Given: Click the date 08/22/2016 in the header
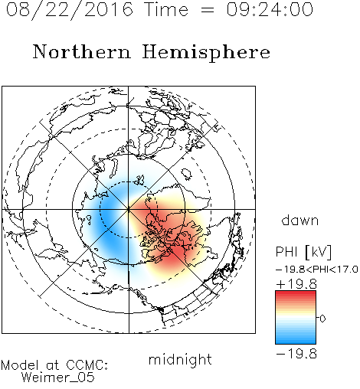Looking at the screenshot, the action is (x=70, y=10).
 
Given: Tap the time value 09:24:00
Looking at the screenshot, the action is (x=270, y=9).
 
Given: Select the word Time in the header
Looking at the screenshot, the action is (x=166, y=9).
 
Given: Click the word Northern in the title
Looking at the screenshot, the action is (x=82, y=51).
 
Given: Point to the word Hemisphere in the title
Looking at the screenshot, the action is (x=206, y=53).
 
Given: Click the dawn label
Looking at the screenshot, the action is (x=300, y=220).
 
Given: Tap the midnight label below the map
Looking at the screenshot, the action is (x=180, y=360).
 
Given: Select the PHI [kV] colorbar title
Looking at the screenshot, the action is (x=303, y=252).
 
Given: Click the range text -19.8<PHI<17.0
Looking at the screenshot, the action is (x=317, y=270).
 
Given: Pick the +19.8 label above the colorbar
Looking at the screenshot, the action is (x=296, y=284).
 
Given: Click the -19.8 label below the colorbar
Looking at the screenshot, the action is (x=296, y=354).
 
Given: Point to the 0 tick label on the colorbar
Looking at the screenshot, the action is (x=322, y=319).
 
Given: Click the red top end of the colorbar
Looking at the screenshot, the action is (x=296, y=293).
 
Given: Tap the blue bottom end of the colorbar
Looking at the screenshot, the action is (x=296, y=342).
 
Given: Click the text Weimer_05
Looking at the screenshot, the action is (x=58, y=377).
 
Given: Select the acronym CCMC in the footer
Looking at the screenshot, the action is (x=87, y=365).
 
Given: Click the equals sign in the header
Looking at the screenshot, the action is (x=208, y=11).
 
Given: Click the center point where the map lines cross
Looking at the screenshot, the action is (x=129, y=209).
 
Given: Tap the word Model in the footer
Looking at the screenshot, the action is (x=20, y=365).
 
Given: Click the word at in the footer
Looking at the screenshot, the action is (x=53, y=365).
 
